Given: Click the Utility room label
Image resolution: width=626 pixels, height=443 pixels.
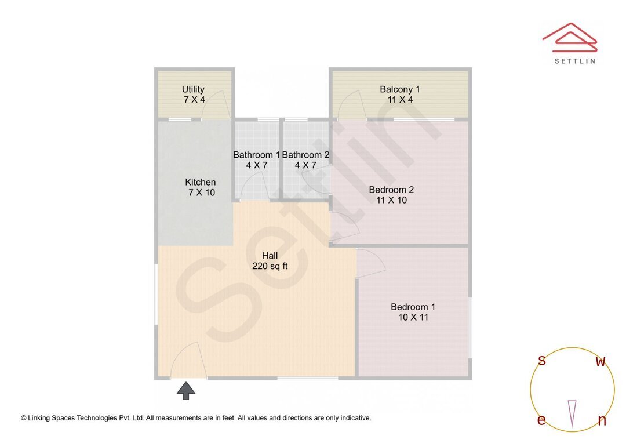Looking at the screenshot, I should pyautogui.click(x=193, y=89).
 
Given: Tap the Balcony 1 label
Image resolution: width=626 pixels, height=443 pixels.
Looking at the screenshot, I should pyautogui.click(x=400, y=89).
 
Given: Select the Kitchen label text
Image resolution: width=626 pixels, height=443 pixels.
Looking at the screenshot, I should pyautogui.click(x=201, y=182).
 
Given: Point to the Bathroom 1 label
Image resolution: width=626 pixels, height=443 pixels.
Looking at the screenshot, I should pyautogui.click(x=256, y=155).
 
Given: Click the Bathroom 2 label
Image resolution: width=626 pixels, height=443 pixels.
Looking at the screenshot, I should pyautogui.click(x=305, y=155).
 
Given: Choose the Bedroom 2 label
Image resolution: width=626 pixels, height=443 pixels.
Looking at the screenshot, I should pyautogui.click(x=391, y=190).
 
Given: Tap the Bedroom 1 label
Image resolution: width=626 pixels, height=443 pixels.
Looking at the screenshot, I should pyautogui.click(x=413, y=307).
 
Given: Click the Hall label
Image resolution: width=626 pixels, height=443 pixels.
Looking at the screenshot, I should pyautogui.click(x=270, y=256).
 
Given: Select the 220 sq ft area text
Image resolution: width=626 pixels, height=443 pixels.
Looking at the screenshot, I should pyautogui.click(x=270, y=267).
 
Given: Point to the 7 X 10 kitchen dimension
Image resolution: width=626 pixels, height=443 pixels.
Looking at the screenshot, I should pyautogui.click(x=201, y=193).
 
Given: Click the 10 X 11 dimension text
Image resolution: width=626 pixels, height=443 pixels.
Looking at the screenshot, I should pyautogui.click(x=413, y=318).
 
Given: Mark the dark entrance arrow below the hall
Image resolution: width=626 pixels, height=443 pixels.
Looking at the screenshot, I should pyautogui.click(x=185, y=390).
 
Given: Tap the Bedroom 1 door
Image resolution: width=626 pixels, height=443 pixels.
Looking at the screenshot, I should pyautogui.click(x=371, y=262).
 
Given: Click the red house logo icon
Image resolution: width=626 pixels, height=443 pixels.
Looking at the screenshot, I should pyautogui.click(x=569, y=36).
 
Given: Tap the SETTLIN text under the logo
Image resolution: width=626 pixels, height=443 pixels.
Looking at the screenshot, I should pyautogui.click(x=574, y=61).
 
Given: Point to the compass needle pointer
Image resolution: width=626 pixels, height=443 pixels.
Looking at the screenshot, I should pyautogui.click(x=572, y=412).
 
